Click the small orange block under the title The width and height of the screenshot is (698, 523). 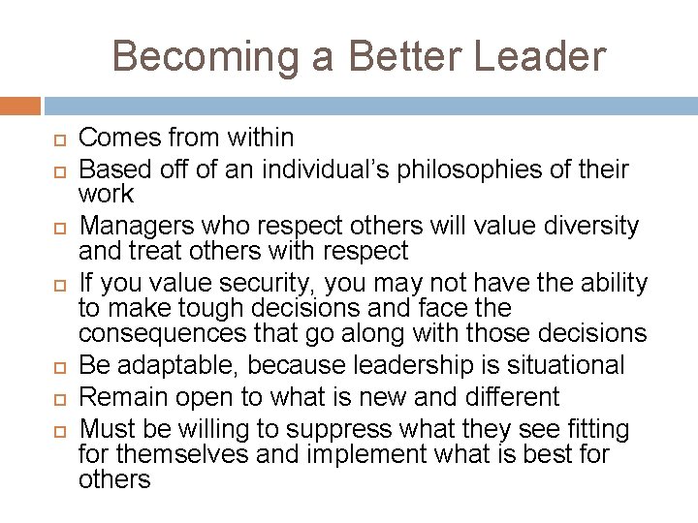pyautogui.click(x=20, y=106)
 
